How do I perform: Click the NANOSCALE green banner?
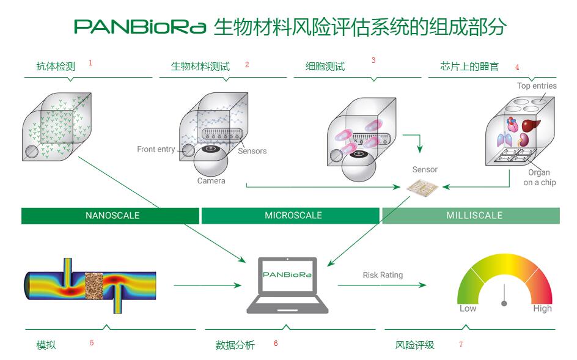[x=111, y=215]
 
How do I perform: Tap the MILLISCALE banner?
[x=471, y=215]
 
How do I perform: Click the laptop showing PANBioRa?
[x=287, y=285]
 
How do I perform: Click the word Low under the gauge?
[x=468, y=309]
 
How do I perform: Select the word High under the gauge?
[x=542, y=309]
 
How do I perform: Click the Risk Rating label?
[x=383, y=275]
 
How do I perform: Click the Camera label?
[x=211, y=181]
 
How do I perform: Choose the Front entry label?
[x=156, y=149]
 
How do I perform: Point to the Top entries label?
[x=537, y=86]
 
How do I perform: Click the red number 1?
[x=90, y=62]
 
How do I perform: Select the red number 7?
[x=460, y=345]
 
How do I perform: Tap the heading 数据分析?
[x=235, y=345]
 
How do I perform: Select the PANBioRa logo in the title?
[x=140, y=27]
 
